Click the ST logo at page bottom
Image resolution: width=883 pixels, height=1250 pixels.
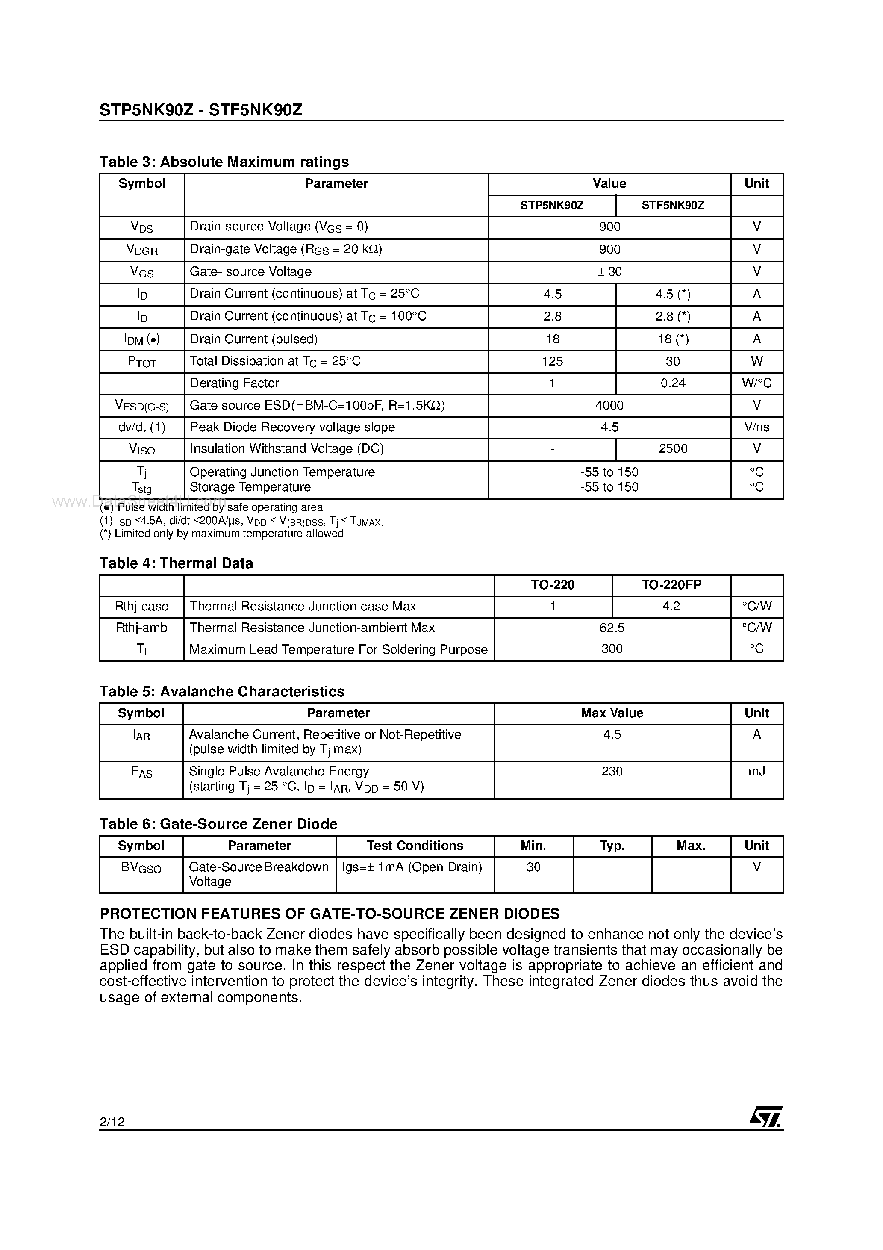pyautogui.click(x=765, y=1117)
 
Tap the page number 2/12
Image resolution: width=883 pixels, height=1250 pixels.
pyautogui.click(x=112, y=1121)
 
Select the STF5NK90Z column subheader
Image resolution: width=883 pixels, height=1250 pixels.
pyautogui.click(x=672, y=205)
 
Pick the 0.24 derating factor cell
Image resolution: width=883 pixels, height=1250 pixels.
pyautogui.click(x=672, y=383)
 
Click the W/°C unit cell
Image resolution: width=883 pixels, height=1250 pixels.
pyautogui.click(x=756, y=383)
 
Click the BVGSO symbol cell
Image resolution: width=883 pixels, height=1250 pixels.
pyautogui.click(x=141, y=868)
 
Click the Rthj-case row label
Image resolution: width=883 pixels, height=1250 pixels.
pyautogui.click(x=141, y=607)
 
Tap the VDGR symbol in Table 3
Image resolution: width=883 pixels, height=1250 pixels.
pyautogui.click(x=141, y=250)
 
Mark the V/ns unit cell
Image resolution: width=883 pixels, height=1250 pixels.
pyautogui.click(x=756, y=427)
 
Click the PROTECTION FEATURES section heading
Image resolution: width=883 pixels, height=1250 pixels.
pyautogui.click(x=330, y=914)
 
